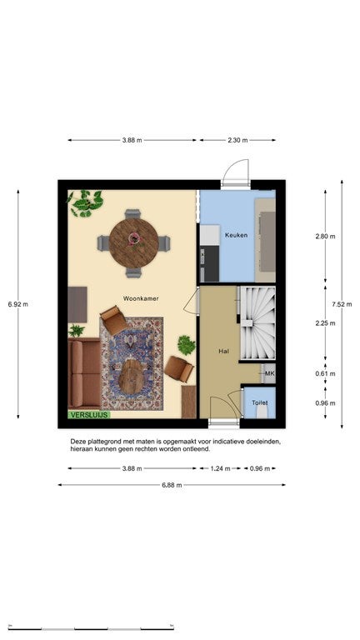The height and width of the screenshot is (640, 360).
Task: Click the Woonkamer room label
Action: [x=141, y=298]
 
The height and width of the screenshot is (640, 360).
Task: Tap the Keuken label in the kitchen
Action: [x=236, y=235]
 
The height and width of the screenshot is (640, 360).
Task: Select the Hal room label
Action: [x=222, y=351]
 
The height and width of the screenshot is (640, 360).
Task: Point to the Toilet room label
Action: [x=260, y=402]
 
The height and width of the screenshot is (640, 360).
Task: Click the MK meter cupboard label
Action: [x=269, y=373]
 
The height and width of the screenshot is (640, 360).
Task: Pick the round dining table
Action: [x=134, y=243]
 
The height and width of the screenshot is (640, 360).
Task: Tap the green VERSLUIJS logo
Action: [x=89, y=415]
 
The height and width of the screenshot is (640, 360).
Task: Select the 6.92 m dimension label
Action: [x=18, y=304]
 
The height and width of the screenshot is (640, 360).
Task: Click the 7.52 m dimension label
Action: [x=342, y=304]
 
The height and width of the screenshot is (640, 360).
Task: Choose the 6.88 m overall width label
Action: [x=172, y=485]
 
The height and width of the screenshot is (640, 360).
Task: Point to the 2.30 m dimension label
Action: [x=237, y=140]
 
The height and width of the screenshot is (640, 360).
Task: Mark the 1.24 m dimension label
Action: [x=220, y=468]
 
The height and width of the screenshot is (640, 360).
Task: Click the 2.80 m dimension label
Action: [x=325, y=237]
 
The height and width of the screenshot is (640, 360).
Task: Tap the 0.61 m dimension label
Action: [x=325, y=373]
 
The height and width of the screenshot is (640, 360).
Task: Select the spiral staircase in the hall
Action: [x=257, y=322]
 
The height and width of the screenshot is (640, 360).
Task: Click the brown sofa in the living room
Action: [x=84, y=373]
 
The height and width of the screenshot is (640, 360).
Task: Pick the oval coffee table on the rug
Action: [x=131, y=377]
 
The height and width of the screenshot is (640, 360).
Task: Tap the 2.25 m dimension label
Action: [x=325, y=323]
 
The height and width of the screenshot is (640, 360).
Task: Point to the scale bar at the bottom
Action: [x=91, y=627]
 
